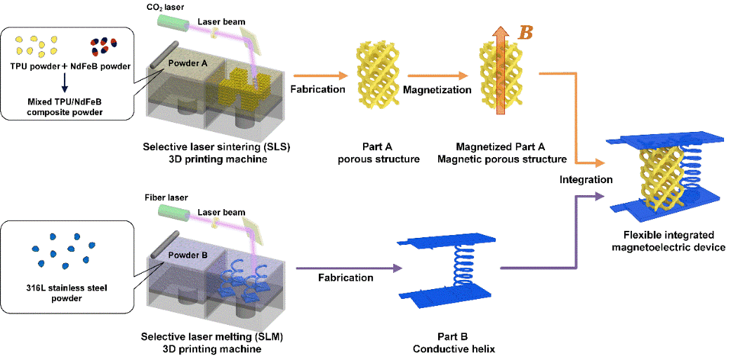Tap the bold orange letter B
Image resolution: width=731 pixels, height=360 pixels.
pos(524,32)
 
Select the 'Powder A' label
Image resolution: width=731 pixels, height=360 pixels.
pos(187,62)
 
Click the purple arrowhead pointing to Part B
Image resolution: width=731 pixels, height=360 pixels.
pos(397,268)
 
